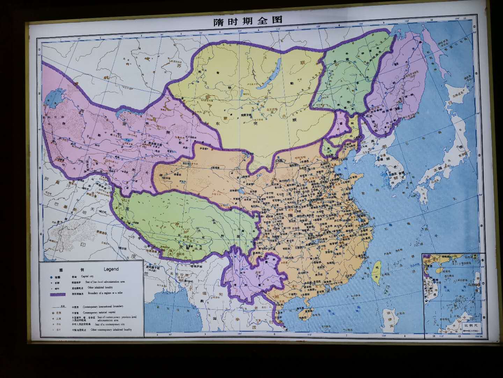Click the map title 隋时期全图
[x=248, y=21]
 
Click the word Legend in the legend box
[x=111, y=269]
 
